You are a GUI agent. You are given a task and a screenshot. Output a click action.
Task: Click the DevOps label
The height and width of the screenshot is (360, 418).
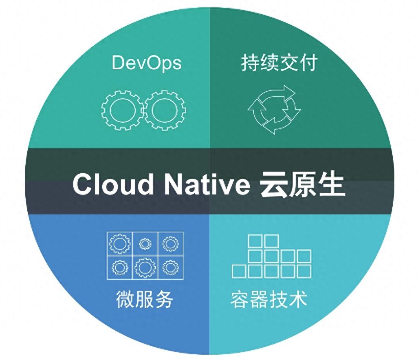pos(147,63)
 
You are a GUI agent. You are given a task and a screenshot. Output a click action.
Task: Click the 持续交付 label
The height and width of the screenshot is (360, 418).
pos(279,63)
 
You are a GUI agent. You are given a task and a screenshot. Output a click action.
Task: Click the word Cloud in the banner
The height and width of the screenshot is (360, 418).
pos(113,184)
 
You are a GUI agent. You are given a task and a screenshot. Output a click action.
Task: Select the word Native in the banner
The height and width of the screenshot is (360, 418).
pos(207,184)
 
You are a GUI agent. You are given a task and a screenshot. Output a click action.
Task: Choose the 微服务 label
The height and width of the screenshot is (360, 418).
pos(144,299)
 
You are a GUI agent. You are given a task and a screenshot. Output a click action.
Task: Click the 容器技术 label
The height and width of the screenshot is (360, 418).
pos(269,299)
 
